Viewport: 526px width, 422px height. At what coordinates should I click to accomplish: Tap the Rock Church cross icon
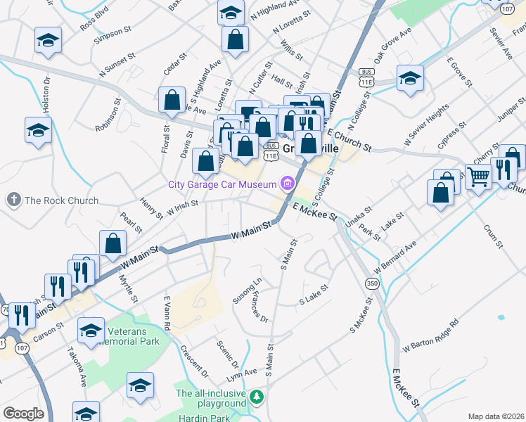click(x=13, y=200)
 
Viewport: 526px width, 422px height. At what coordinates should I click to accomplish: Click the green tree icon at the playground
click(x=257, y=398)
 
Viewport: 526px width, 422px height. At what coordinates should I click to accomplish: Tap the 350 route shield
click(x=371, y=283)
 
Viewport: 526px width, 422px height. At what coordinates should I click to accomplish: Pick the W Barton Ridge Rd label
click(x=430, y=336)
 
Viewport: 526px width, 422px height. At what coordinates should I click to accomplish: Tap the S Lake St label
click(x=314, y=295)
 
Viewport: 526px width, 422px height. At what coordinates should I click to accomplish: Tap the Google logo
click(x=23, y=414)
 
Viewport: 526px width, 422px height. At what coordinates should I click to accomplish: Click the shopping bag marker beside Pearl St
click(x=113, y=243)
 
